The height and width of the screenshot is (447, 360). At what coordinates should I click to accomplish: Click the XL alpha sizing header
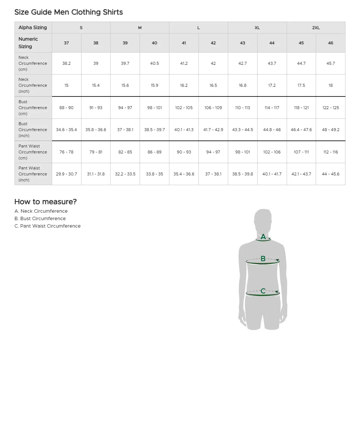pos(257,28)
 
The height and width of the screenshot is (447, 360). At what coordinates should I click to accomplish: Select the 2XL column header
pos(316,28)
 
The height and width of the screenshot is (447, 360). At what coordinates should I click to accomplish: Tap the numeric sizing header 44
pos(272,43)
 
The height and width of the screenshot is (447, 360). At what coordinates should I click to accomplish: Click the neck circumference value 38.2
pos(66,63)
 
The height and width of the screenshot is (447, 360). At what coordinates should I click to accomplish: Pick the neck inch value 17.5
pos(301,85)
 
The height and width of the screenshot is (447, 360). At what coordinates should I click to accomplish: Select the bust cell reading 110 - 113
pos(242,108)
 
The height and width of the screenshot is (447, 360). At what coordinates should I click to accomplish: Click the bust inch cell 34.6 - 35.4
pos(66,130)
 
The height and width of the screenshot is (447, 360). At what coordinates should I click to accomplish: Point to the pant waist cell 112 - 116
pos(331,152)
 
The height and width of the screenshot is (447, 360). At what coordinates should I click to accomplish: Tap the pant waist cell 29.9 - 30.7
pos(66,174)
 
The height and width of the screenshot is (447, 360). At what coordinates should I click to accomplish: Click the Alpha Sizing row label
pos(33,28)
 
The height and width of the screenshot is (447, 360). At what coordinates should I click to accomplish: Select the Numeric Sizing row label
pos(28,43)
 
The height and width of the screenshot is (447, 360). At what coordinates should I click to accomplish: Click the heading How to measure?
pos(45,202)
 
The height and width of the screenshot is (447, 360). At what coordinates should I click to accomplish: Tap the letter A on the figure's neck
pos(263,237)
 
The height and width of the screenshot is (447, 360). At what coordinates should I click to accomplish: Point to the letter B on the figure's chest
pos(263,259)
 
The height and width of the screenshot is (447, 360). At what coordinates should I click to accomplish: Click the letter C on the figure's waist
pos(263,291)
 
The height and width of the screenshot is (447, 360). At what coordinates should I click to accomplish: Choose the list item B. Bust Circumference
pos(40,219)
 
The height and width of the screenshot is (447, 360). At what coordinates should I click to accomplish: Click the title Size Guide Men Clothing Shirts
pos(69,12)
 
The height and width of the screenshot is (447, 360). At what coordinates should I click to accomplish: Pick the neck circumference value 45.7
pos(331,63)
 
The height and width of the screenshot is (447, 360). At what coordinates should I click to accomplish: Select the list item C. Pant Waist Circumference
pos(47,226)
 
